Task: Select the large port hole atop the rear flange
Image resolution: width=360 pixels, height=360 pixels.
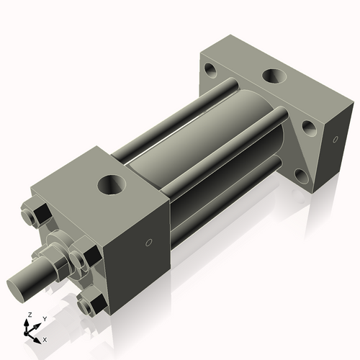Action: coord(274,76)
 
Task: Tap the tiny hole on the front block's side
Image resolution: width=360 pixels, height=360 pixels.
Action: coord(148,243)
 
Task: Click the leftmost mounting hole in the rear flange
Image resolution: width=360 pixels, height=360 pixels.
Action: coord(211,71)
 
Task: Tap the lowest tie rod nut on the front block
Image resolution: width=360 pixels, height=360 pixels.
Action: coord(89,304)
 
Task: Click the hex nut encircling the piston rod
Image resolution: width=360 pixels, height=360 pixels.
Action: coord(58,259)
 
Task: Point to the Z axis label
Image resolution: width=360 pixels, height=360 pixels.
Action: coord(28,315)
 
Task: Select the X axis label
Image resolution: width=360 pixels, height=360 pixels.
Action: coord(45,338)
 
